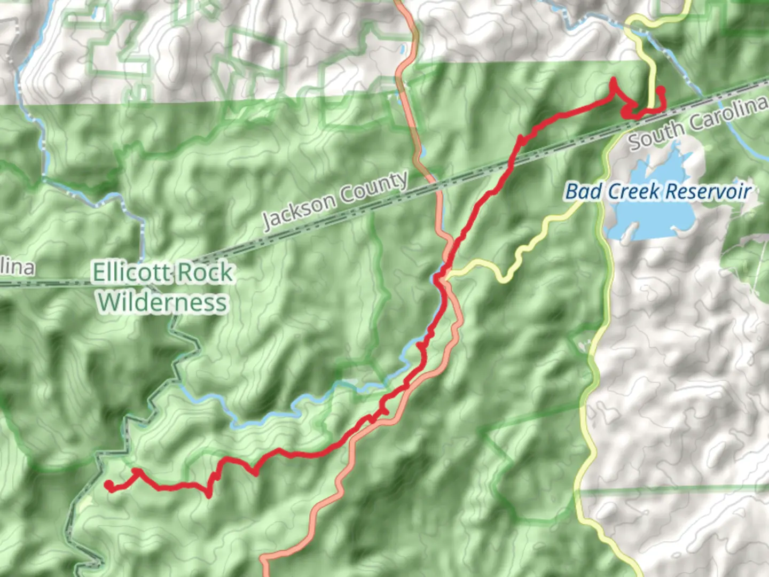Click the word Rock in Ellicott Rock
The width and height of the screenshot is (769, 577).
point(205,273)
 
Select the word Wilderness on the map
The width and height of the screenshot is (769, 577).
point(162,302)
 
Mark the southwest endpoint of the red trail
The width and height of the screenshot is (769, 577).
point(109,485)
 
